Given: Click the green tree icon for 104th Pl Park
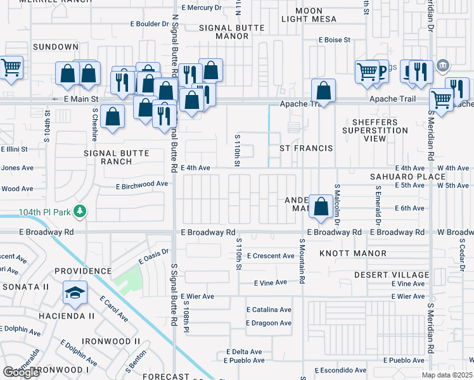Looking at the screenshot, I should [80, 211].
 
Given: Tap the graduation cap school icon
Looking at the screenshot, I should [75, 293].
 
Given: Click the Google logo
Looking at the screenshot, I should [21, 372].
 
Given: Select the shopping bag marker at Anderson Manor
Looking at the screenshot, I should [322, 206].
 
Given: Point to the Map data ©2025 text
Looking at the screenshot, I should [447, 375].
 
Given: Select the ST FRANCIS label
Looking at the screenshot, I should [307, 148].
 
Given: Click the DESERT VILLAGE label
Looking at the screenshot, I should [391, 275].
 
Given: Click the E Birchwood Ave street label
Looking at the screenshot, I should [142, 184].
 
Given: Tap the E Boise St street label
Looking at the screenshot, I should [335, 40].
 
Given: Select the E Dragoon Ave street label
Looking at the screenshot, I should [269, 323].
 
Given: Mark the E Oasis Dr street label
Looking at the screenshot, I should [154, 256].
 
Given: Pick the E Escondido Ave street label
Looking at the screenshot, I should [342, 370].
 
